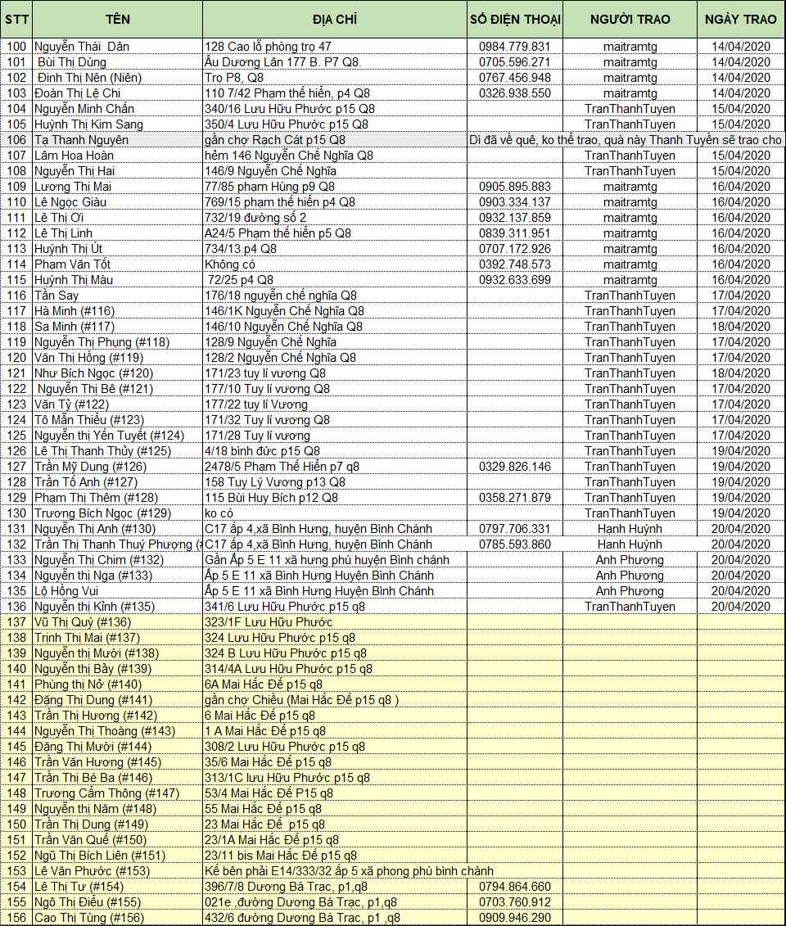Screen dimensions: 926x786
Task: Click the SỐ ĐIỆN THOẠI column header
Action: point(515,19)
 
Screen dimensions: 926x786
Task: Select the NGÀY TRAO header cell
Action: point(741,19)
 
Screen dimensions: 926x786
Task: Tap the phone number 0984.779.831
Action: point(515,47)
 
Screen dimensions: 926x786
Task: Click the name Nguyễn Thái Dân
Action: point(82,47)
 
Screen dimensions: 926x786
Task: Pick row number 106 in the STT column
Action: point(16,140)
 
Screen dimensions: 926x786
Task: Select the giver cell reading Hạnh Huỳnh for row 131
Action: point(630,529)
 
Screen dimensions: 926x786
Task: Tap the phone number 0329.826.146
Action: point(515,467)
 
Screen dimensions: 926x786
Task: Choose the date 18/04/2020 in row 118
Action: point(741,327)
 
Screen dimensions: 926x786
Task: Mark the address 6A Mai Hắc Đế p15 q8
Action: point(264,684)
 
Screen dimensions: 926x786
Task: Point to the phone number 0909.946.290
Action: point(515,918)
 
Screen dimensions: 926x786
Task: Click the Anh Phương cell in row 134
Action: point(630,576)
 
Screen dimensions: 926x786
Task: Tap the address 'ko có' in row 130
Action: point(218,513)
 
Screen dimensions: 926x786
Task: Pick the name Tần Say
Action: point(56,296)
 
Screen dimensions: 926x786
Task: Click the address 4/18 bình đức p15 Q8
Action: point(262,451)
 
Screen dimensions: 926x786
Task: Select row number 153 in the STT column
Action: point(16,871)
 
